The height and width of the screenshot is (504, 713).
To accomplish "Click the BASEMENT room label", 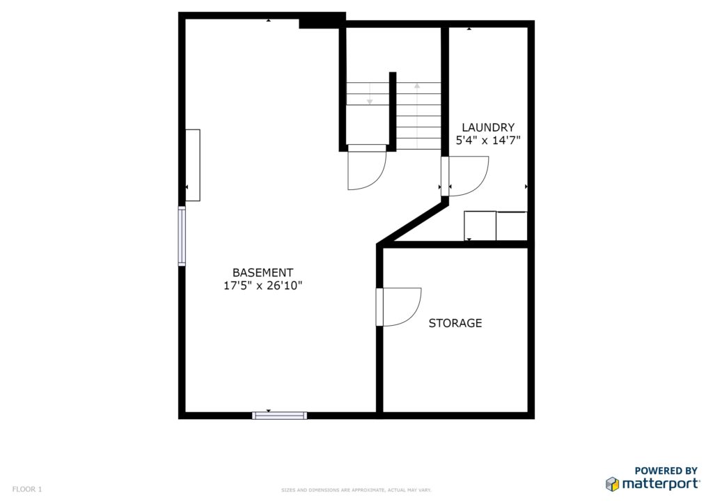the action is coord(263,273).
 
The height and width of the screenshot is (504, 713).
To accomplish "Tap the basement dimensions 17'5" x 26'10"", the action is coord(263,285).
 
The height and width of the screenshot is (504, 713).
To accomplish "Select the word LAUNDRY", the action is coord(488,127).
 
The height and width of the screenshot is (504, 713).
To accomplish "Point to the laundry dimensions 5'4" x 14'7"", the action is coord(488,141).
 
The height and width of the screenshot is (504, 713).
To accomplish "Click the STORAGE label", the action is coord(455,323).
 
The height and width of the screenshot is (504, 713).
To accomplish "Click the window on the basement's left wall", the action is coord(182,235).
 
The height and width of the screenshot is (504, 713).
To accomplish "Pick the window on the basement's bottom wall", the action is coord(280,416).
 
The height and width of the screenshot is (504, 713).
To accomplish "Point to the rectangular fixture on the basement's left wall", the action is coord(193,165).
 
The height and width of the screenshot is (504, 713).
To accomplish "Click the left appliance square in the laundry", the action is coord(480,226).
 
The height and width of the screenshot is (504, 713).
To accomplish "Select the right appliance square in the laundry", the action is coord(512,226).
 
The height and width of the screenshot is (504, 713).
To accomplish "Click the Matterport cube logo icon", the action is coord(613,484).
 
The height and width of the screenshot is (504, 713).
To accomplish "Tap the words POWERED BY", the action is coord(666,471).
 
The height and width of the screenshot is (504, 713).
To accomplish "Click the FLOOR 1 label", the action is coord(27,489).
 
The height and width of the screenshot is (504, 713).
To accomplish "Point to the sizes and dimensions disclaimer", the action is coord(356,490).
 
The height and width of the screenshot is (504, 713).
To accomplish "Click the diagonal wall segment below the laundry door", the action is coord(412,223).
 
